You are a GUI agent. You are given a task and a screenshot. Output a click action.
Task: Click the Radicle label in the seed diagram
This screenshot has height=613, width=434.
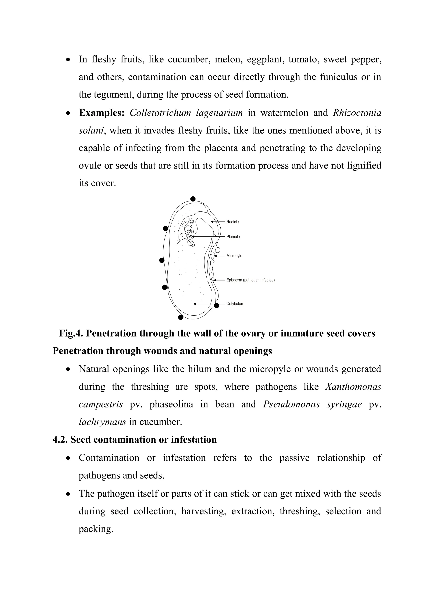tap(232, 222)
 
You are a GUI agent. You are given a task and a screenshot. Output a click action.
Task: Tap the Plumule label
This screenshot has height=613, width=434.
tap(233, 237)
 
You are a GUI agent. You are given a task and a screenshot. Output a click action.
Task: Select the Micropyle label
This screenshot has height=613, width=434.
tap(234, 256)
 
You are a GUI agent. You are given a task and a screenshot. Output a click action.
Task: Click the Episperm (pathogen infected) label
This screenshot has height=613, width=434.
tap(250, 280)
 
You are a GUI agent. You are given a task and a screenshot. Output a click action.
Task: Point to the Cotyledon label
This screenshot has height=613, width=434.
tap(235, 304)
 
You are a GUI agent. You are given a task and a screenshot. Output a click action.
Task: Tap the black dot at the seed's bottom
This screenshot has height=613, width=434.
tap(181, 317)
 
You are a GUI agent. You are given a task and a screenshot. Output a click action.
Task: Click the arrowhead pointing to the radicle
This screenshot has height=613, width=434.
tap(212, 222)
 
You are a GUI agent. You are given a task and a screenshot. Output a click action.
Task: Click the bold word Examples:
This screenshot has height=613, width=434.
tap(102, 113)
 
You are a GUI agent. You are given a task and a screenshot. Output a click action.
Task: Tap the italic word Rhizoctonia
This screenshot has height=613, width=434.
tap(357, 113)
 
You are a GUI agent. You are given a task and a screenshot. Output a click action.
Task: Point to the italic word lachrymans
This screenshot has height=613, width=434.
tap(102, 422)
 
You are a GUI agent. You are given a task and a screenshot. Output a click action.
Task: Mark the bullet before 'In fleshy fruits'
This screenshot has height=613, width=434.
tap(69, 60)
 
